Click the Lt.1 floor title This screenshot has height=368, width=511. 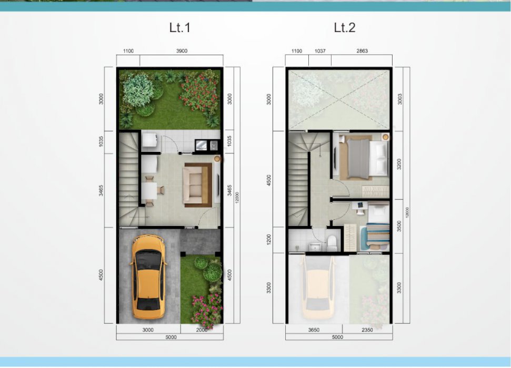pyautogui.click(x=179, y=27)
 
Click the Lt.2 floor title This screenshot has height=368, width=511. pyautogui.click(x=345, y=27)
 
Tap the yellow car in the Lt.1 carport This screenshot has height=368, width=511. pyautogui.click(x=148, y=277)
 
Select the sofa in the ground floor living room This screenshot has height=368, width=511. pyautogui.click(x=196, y=185)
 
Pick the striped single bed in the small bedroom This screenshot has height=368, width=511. pyautogui.click(x=377, y=236)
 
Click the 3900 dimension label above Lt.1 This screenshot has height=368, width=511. pyautogui.click(x=182, y=51)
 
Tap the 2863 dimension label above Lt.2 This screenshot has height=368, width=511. pyautogui.click(x=362, y=51)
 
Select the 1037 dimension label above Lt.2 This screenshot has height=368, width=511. pyautogui.click(x=319, y=51)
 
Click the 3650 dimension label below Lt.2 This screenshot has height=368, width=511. pyautogui.click(x=314, y=330)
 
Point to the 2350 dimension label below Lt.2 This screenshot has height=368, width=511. pyautogui.click(x=367, y=330)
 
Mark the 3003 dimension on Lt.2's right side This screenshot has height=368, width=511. pyautogui.click(x=399, y=99)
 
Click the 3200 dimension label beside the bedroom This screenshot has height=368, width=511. pyautogui.click(x=399, y=164)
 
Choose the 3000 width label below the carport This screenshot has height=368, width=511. pyautogui.click(x=148, y=330)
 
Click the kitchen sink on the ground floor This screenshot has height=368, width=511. pyautogui.click(x=214, y=145)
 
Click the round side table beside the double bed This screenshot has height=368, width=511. pyautogui.click(x=386, y=137)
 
